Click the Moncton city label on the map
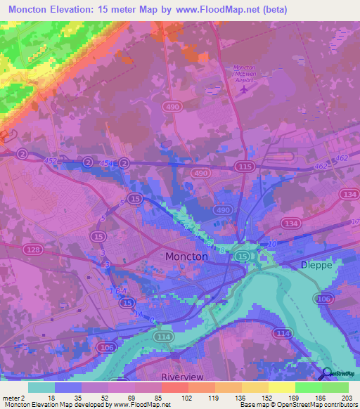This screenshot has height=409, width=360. tap(186, 257)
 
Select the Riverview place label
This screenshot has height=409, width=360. tap(182, 377)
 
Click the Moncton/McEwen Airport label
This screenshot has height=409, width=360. tap(243, 72)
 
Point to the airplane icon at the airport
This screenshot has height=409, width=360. tap(244, 89)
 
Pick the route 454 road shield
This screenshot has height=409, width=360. tap(105, 163)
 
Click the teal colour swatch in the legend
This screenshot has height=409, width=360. tap(41, 387)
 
